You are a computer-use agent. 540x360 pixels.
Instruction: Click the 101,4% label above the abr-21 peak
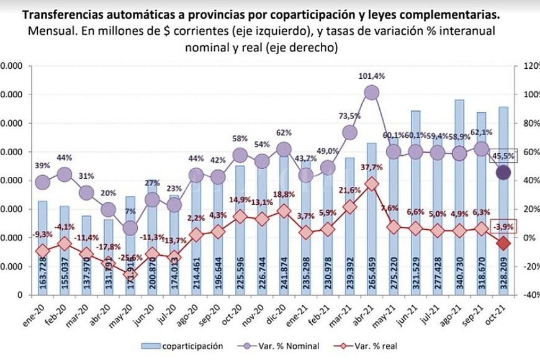click(x=372, y=76)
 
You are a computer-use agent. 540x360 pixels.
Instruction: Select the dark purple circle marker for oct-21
click(x=504, y=173)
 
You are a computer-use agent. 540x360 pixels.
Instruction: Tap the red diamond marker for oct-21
click(x=504, y=243)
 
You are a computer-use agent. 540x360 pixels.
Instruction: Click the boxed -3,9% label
click(x=503, y=227)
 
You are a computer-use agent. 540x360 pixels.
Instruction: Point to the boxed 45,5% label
click(x=503, y=157)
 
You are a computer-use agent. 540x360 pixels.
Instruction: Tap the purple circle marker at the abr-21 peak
click(x=372, y=92)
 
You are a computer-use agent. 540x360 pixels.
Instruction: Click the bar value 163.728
click(x=43, y=270)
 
